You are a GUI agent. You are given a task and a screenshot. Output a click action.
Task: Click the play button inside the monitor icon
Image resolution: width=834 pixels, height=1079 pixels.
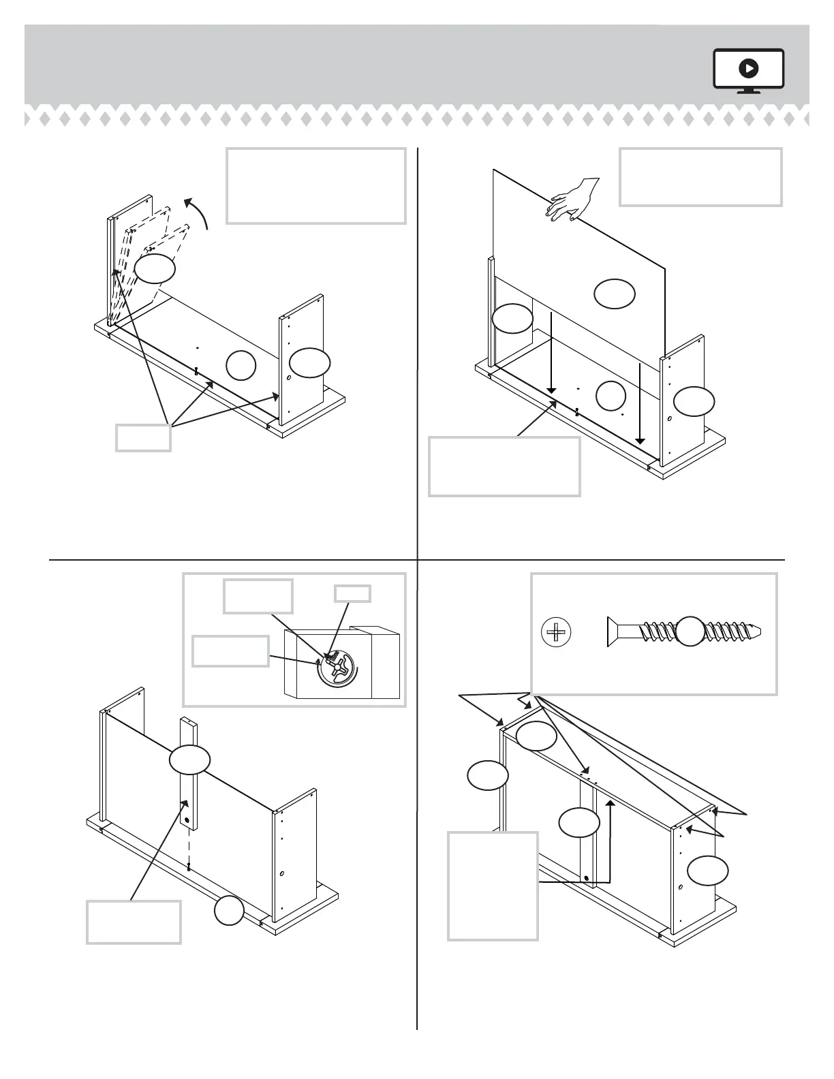click(x=748, y=68)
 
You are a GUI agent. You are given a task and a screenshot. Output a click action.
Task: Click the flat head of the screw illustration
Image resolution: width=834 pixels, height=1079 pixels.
click(x=611, y=632)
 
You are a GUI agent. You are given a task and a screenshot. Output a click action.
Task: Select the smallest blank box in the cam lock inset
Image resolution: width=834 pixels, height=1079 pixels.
click(x=352, y=593)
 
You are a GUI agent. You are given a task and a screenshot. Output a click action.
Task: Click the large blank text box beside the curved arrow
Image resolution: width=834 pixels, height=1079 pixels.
click(x=316, y=186)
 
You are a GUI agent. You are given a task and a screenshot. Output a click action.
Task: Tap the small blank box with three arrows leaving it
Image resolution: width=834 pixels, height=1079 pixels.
click(x=143, y=437)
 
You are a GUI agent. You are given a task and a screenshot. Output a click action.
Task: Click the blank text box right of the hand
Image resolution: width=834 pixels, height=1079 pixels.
click(x=700, y=177)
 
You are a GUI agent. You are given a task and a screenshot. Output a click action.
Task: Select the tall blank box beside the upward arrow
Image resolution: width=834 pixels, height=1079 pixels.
click(x=493, y=886)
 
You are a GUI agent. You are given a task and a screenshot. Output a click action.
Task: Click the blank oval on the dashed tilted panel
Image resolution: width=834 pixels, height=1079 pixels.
click(x=155, y=268)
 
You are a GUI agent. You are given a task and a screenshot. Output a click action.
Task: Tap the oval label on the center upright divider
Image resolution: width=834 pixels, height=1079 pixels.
click(x=189, y=759)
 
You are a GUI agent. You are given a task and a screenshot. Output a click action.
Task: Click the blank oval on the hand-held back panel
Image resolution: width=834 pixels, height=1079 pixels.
click(x=615, y=294)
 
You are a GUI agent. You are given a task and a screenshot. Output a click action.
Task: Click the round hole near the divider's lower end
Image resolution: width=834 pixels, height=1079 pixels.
click(x=186, y=804)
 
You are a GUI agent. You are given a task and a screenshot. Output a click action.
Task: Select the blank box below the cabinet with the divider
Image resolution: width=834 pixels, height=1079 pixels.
click(x=134, y=922)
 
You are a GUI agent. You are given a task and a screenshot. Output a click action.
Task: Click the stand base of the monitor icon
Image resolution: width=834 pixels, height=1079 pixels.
click(x=748, y=91)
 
